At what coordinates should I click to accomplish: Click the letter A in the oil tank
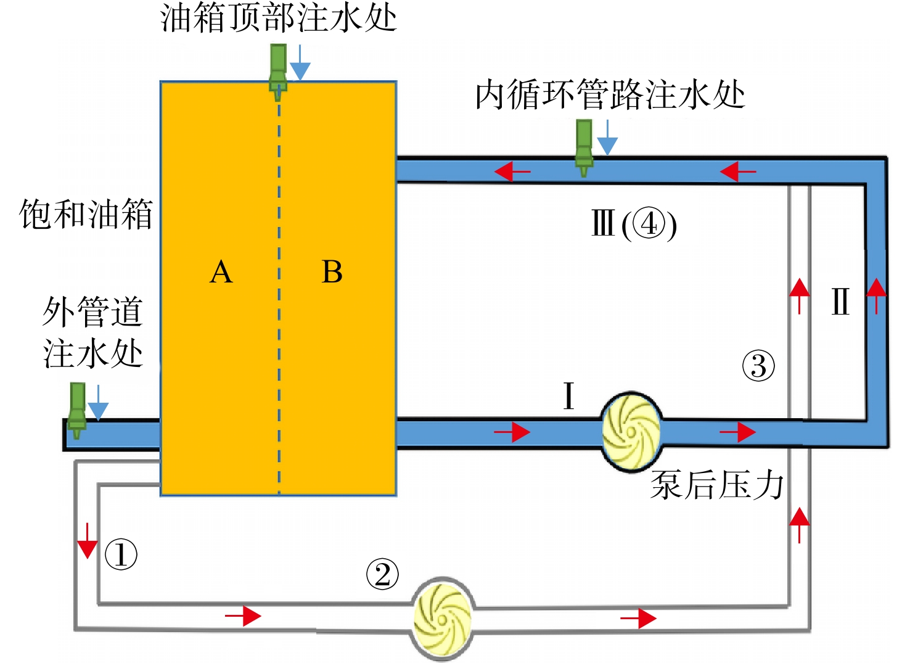tap(221, 271)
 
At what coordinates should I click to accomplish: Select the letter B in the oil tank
tap(332, 271)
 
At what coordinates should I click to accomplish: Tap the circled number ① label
tap(121, 554)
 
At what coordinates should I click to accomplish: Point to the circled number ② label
tap(382, 574)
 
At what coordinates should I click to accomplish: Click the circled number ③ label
tap(758, 366)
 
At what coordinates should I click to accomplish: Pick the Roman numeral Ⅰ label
tap(568, 396)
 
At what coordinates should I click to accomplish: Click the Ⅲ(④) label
tap(634, 224)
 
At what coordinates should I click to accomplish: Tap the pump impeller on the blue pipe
tap(631, 432)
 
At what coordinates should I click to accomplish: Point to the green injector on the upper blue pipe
tap(584, 148)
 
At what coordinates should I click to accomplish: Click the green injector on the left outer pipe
tap(77, 411)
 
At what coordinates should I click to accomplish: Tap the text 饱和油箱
tap(86, 214)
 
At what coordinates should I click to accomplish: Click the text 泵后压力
tap(716, 485)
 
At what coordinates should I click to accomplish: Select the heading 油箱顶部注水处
tap(279, 17)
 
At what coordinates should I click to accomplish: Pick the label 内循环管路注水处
tap(610, 95)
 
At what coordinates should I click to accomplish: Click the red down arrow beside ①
tap(88, 541)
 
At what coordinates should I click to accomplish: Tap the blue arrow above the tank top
tap(300, 63)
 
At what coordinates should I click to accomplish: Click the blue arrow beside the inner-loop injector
tap(607, 138)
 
